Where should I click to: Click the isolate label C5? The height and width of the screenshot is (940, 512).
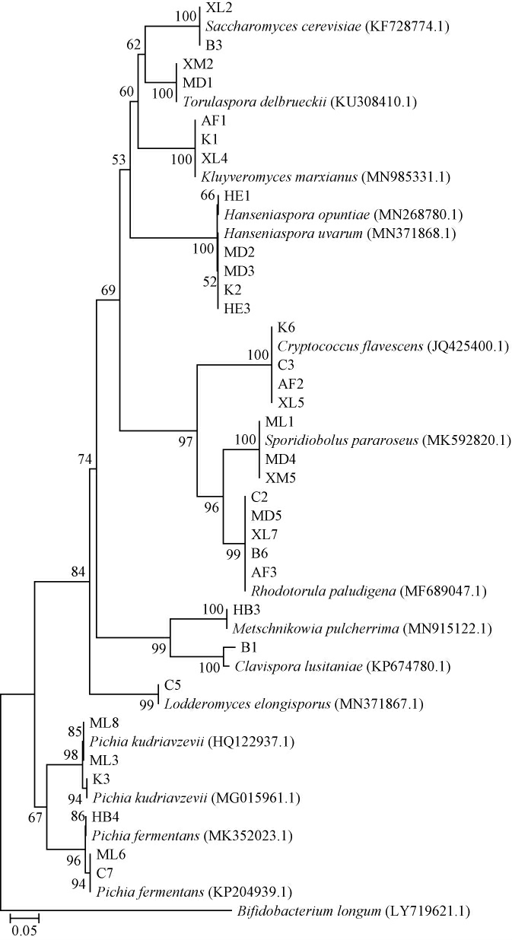[x=173, y=686]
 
